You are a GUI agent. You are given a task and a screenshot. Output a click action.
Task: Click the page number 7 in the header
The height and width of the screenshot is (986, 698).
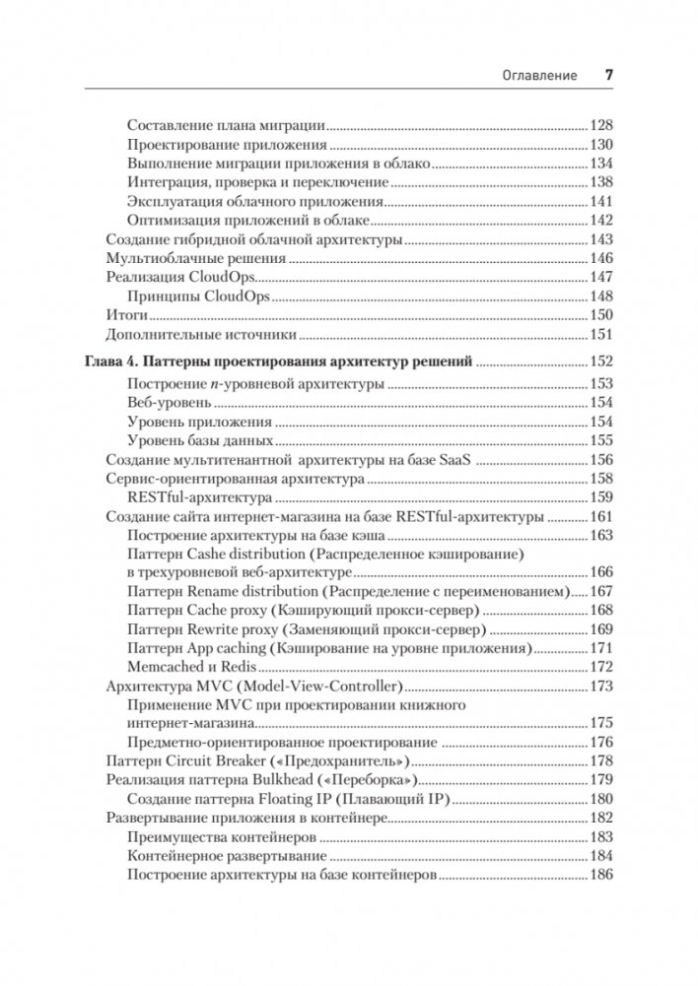click(x=609, y=75)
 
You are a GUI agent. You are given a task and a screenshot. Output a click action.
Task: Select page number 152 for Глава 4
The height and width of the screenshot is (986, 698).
click(x=600, y=361)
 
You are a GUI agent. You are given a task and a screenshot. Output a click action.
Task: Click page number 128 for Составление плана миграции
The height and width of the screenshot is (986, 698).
click(x=600, y=125)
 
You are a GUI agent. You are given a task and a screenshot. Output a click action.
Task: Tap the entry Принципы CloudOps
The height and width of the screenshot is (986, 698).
click(x=199, y=296)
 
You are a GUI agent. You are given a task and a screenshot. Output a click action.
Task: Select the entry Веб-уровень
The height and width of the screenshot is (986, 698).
click(x=170, y=403)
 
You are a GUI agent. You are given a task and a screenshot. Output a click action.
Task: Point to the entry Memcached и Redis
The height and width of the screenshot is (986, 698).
click(x=192, y=667)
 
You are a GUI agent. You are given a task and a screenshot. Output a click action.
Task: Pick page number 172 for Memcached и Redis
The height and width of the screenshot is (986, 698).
click(x=600, y=667)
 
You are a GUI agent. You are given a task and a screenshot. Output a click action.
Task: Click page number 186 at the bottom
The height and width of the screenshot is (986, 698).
click(x=600, y=875)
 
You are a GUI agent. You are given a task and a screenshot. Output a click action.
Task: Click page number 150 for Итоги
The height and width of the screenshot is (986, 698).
click(x=600, y=315)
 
